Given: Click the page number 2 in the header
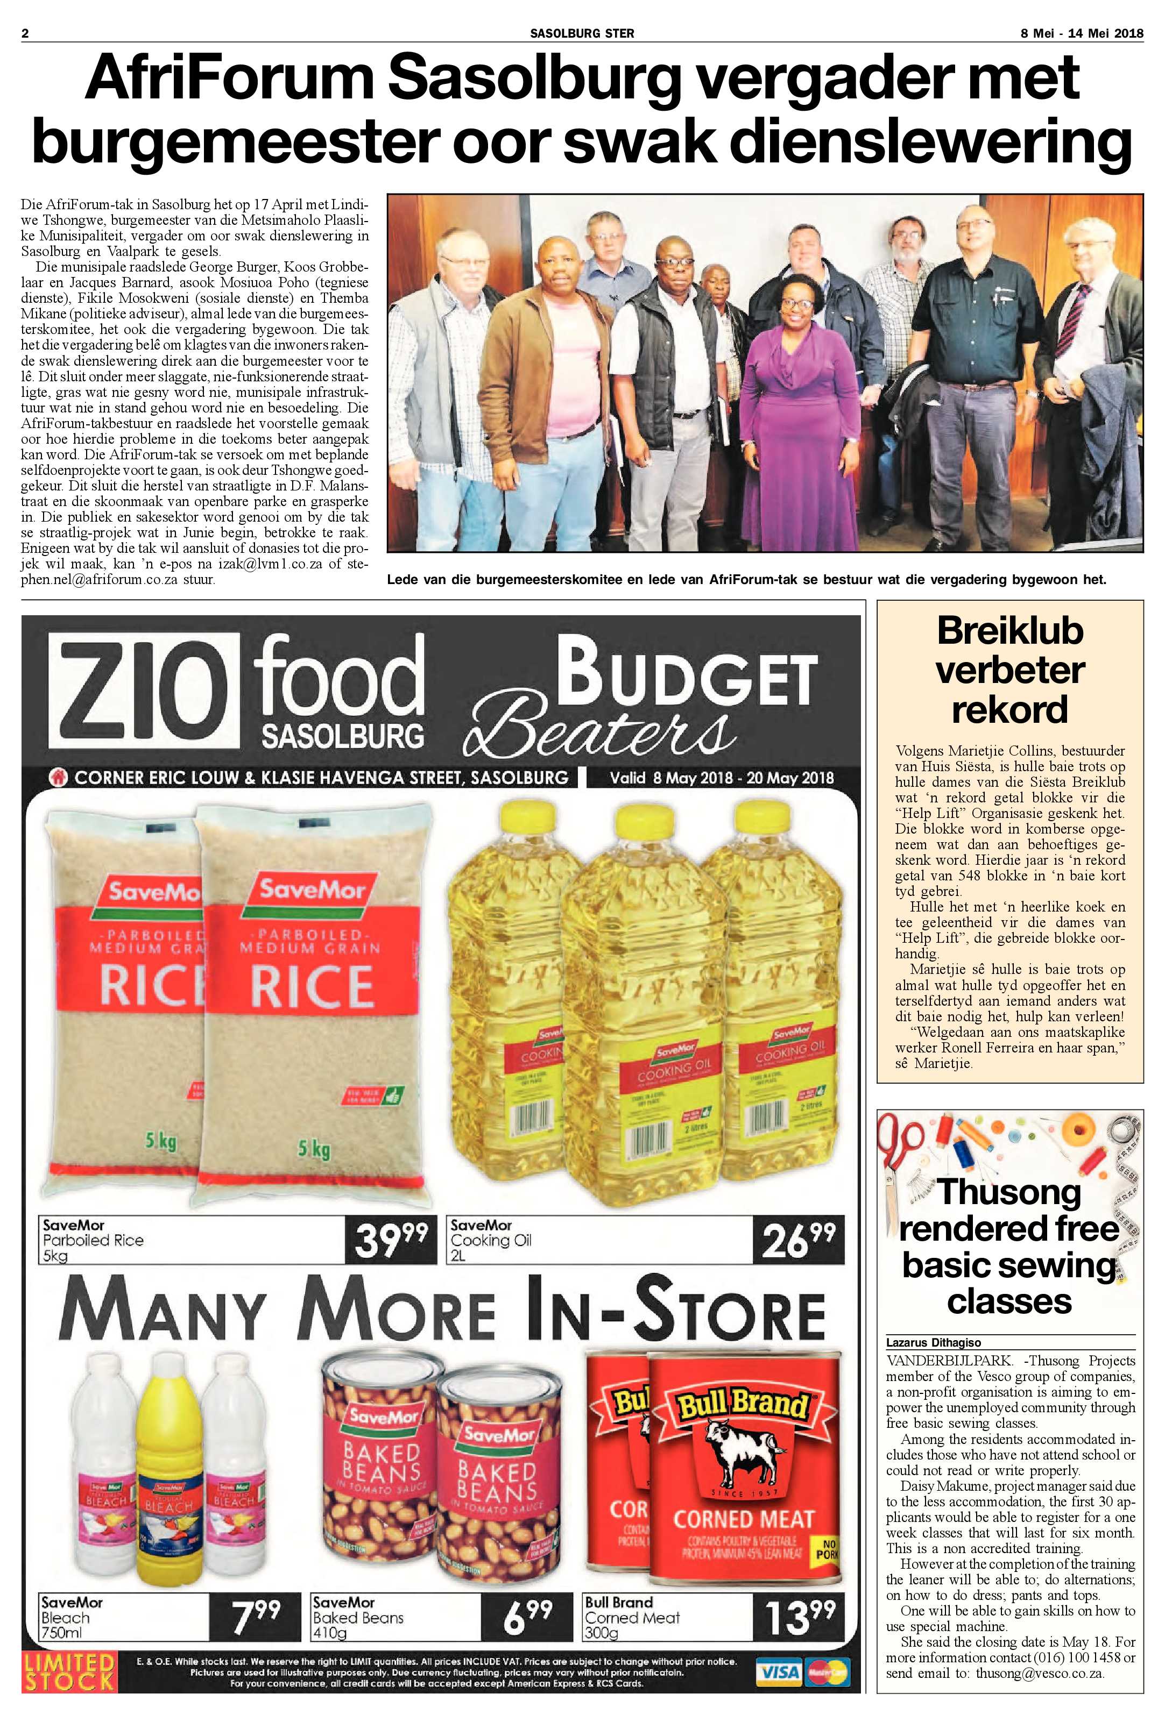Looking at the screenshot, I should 25,33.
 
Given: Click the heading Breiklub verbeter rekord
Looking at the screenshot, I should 1009,670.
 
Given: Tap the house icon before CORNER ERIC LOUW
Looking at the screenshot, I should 60,777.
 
